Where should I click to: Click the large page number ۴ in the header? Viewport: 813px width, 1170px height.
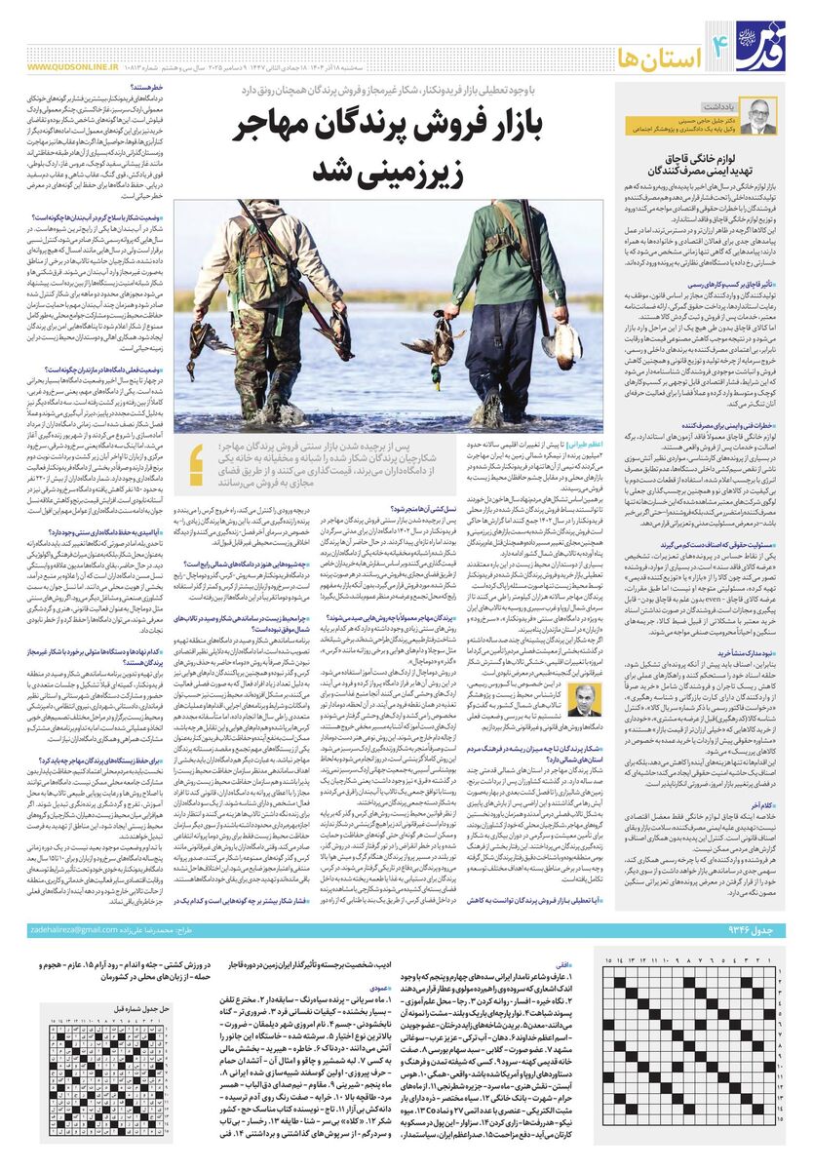tap(697, 43)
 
